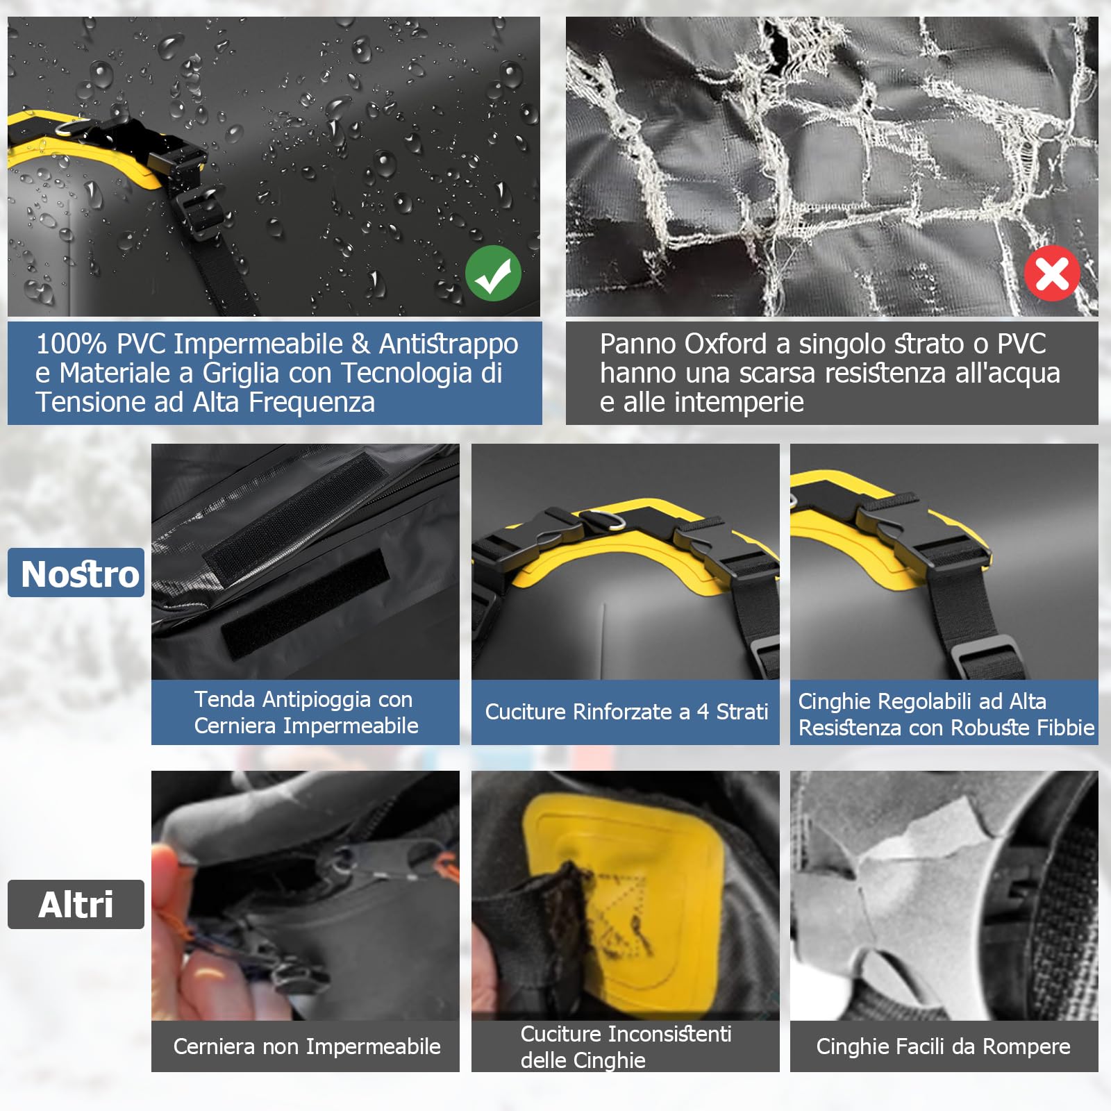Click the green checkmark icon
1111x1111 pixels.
coord(493,274)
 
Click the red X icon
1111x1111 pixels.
coord(1052,273)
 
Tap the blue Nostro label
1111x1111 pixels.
coord(76,573)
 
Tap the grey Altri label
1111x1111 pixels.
coord(76,904)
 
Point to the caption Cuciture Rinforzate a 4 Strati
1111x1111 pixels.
coord(626,712)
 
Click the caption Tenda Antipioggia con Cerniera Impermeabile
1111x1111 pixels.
coord(306,712)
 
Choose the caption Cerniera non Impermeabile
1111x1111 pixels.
coord(306,1046)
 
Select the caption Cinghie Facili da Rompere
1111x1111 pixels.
coord(943,1046)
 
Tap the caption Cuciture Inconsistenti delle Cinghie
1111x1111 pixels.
coord(626,1047)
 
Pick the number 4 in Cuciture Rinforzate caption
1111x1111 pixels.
coord(703,712)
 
